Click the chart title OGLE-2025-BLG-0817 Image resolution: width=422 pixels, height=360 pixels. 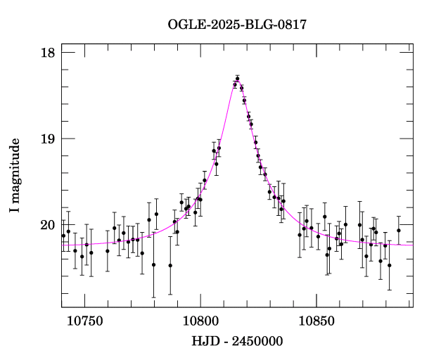click(237, 25)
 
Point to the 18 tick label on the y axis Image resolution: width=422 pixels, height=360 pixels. click(48, 53)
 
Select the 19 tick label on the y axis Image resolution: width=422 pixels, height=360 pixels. click(48, 139)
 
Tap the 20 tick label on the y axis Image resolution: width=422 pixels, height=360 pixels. click(48, 225)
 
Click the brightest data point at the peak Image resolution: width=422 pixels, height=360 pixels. click(238, 79)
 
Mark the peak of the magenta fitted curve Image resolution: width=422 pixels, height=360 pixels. click(237, 79)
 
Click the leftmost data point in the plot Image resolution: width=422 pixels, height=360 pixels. click(63, 236)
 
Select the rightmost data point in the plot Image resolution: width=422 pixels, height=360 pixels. click(399, 230)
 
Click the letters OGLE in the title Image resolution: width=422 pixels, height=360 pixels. click(183, 25)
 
